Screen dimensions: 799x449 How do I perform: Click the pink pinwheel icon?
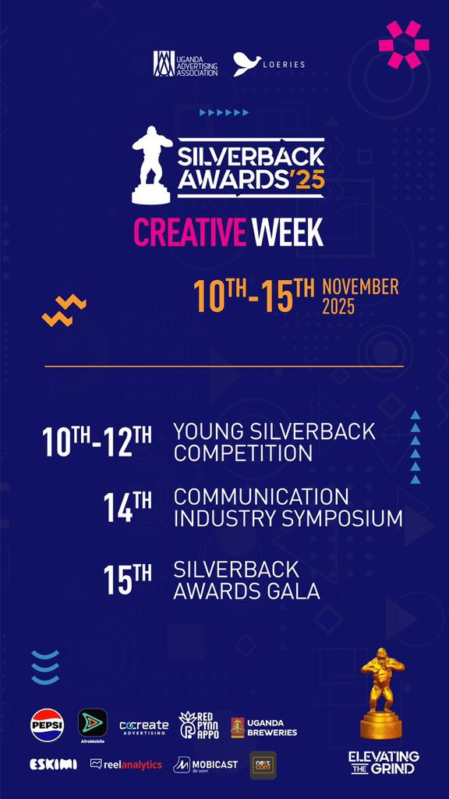(404, 44)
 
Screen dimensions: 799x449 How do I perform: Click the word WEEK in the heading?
(287, 232)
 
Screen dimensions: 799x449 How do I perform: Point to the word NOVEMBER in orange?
(360, 286)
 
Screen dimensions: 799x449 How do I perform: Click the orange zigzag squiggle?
(64, 311)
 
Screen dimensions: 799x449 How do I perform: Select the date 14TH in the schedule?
(128, 506)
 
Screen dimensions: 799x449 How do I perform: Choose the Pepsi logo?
(47, 725)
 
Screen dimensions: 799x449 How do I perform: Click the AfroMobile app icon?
(93, 723)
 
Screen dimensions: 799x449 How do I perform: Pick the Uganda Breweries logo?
(264, 727)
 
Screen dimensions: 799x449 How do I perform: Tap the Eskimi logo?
(53, 764)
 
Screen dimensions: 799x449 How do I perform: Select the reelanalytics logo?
(126, 765)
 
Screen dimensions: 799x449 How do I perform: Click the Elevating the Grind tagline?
(384, 762)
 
